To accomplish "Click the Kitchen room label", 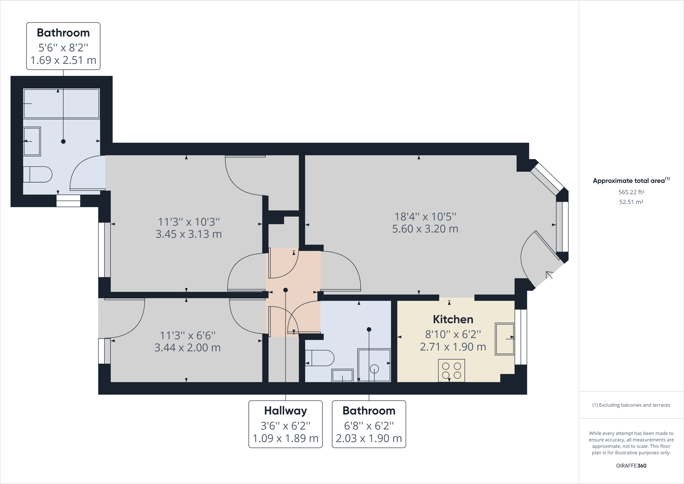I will pyautogui.click(x=453, y=319).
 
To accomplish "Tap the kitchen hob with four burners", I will pyautogui.click(x=451, y=370).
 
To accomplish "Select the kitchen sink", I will pyautogui.click(x=505, y=339).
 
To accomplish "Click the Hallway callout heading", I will pyautogui.click(x=285, y=411).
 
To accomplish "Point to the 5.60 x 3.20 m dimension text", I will pyautogui.click(x=425, y=229).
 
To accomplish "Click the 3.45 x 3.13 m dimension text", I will pyautogui.click(x=189, y=234).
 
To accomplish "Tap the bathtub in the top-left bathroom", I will pyautogui.click(x=61, y=104).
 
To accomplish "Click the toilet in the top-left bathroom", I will pyautogui.click(x=38, y=175).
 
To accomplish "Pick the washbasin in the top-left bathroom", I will pyautogui.click(x=32, y=141).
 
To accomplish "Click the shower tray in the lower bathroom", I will pyautogui.click(x=374, y=366).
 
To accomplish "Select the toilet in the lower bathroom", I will pyautogui.click(x=320, y=358).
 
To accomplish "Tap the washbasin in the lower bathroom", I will pyautogui.click(x=343, y=375).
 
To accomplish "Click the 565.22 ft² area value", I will pyautogui.click(x=631, y=192).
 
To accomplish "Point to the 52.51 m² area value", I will pyautogui.click(x=631, y=202).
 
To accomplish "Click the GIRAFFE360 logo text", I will pyautogui.click(x=631, y=465).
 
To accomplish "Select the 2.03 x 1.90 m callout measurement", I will pyautogui.click(x=369, y=438).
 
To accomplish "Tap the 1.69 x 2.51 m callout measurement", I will pyautogui.click(x=63, y=60).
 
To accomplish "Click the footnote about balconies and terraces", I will pyautogui.click(x=631, y=405).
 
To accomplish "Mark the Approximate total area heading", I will pyautogui.click(x=629, y=181).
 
